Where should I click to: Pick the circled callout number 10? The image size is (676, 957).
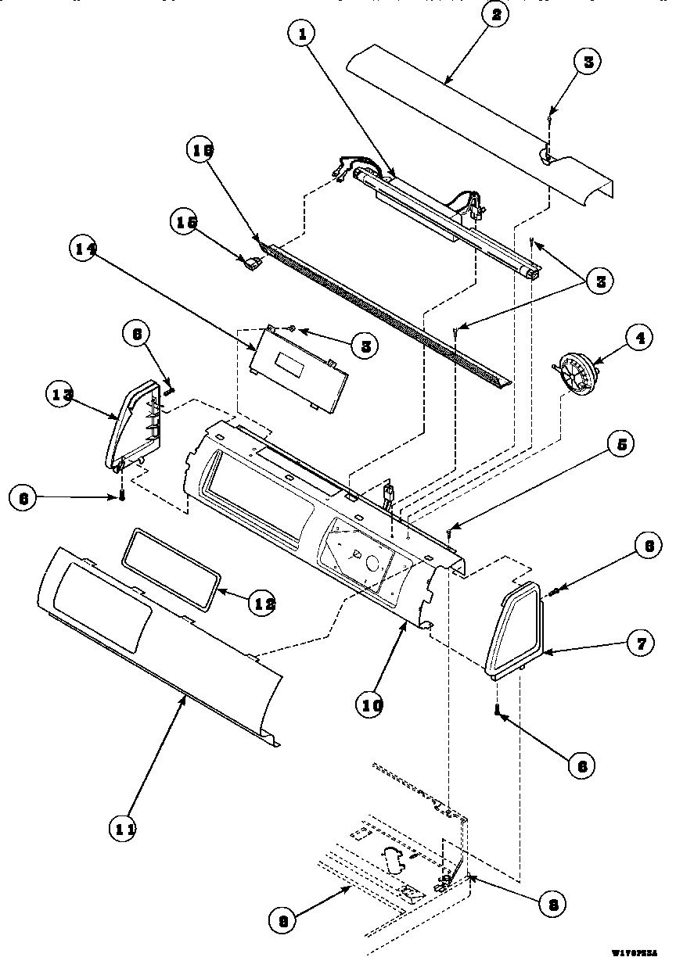(372, 704)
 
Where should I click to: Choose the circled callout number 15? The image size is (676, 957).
(185, 223)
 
